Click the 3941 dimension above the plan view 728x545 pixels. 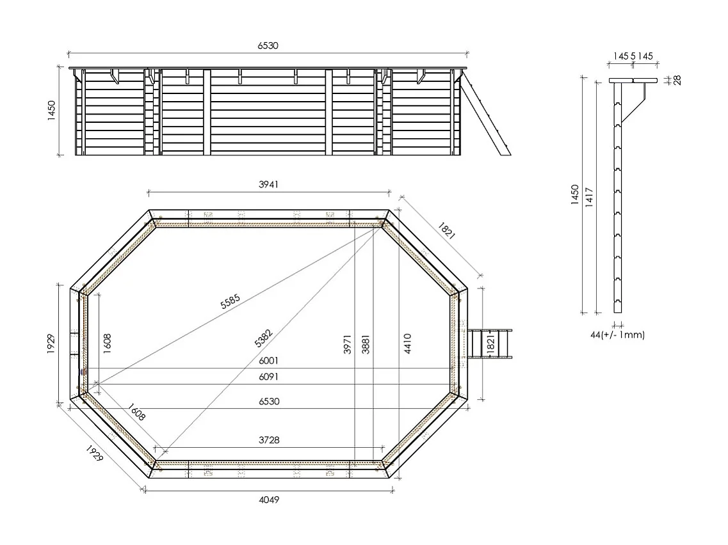(268, 184)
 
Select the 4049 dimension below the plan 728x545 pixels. (268, 500)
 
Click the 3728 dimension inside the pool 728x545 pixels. (268, 440)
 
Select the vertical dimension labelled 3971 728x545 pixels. (348, 344)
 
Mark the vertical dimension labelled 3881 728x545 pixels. (365, 344)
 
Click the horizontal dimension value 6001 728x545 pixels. (268, 361)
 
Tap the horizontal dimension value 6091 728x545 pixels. (268, 377)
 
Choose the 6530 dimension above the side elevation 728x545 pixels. (268, 45)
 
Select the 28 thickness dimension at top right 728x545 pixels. (677, 80)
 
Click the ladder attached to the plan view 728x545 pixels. (490, 345)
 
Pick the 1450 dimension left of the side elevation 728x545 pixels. (52, 110)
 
